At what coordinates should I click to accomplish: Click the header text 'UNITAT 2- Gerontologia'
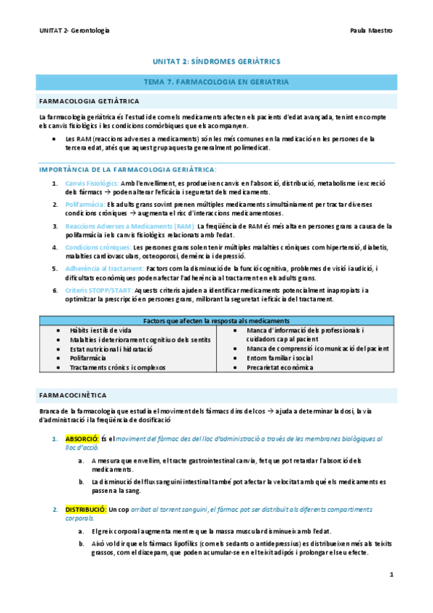click(74, 30)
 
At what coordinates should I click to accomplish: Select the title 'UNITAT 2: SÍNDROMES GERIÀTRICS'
click(217, 63)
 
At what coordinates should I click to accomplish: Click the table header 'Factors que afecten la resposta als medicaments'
click(217, 320)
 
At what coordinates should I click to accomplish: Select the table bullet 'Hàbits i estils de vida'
click(100, 330)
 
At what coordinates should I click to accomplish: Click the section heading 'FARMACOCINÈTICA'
click(74, 395)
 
